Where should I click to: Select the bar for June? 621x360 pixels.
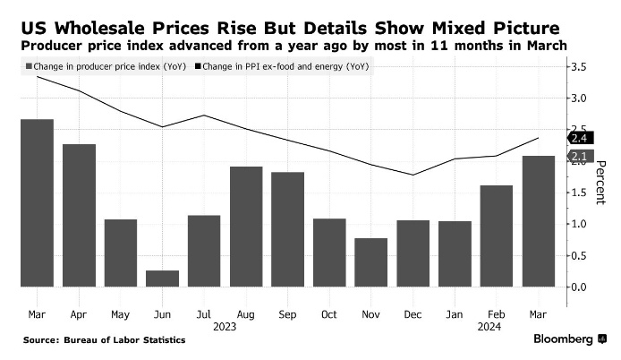pos(162,279)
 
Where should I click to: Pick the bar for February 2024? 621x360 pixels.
pos(497,236)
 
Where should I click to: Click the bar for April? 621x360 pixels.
pos(79,216)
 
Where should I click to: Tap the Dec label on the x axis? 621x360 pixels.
pos(413,314)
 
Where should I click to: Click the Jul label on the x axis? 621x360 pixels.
pos(203,314)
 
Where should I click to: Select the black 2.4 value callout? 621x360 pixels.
pos(578,138)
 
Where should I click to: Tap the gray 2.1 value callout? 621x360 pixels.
pos(578,157)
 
